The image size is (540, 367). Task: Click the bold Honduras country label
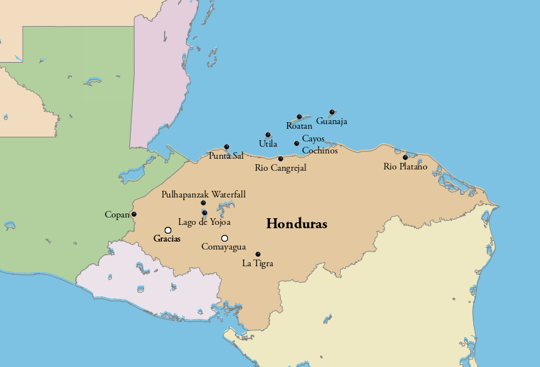(297, 224)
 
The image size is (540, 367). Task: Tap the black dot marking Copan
(134, 214)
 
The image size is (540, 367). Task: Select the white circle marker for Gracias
(168, 230)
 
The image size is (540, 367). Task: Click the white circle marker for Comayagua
(225, 238)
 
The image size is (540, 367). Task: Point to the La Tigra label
(257, 264)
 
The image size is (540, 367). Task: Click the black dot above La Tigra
(258, 254)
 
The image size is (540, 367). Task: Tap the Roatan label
(299, 125)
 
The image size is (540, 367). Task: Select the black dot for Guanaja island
(332, 112)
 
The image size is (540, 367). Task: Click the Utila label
(268, 143)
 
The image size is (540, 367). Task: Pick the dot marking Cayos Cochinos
(297, 143)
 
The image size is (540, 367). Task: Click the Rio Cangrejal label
(281, 168)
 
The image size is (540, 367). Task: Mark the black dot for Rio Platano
(405, 157)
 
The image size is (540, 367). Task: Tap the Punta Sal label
(226, 156)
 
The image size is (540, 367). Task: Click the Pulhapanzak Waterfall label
(203, 194)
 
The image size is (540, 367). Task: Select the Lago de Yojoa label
(205, 222)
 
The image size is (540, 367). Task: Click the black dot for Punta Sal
(227, 147)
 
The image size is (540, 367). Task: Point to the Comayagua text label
(223, 247)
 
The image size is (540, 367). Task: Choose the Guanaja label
(332, 121)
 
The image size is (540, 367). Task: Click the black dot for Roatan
(299, 117)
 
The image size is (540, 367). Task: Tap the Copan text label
(117, 215)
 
